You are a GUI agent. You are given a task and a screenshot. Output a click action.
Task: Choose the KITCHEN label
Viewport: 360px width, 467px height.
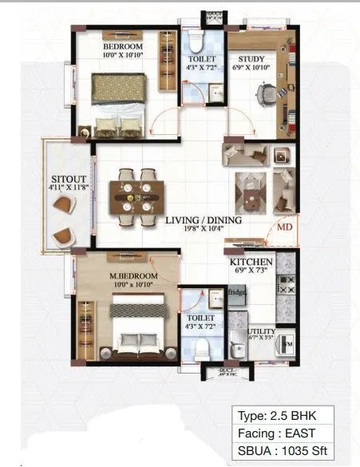pos(251,261)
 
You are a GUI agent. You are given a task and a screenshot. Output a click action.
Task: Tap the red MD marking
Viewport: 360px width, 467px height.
pos(283,227)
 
